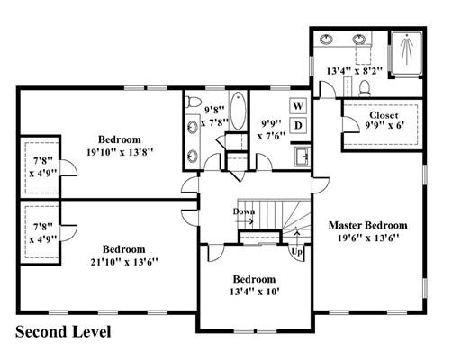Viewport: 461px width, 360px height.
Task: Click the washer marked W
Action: click(x=298, y=105)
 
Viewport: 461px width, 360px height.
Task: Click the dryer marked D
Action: click(x=298, y=125)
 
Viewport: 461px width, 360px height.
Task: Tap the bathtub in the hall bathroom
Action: click(x=239, y=111)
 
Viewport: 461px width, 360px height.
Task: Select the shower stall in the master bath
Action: click(x=407, y=54)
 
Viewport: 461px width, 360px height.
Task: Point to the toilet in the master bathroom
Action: click(x=365, y=88)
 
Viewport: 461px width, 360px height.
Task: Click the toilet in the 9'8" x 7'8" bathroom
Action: click(x=193, y=102)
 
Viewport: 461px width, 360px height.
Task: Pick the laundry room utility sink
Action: click(x=302, y=157)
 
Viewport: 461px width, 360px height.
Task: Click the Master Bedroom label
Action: click(x=368, y=225)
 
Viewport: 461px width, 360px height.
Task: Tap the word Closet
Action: click(x=384, y=115)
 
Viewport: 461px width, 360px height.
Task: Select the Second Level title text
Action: click(x=63, y=332)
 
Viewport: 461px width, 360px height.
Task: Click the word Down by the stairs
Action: click(x=244, y=211)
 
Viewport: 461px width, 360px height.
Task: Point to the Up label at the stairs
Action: click(x=297, y=252)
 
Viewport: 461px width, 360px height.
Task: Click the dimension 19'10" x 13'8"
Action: click(x=120, y=152)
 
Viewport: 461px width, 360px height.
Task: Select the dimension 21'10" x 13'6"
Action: click(x=124, y=262)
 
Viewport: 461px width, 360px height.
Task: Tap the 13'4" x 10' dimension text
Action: click(x=255, y=292)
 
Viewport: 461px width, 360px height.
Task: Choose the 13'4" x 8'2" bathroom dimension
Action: click(x=355, y=71)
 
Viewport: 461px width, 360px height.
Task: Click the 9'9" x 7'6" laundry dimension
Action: click(x=271, y=130)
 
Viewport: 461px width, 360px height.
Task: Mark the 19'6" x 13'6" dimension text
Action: click(x=368, y=238)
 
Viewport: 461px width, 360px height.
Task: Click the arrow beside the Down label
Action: click(x=245, y=221)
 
